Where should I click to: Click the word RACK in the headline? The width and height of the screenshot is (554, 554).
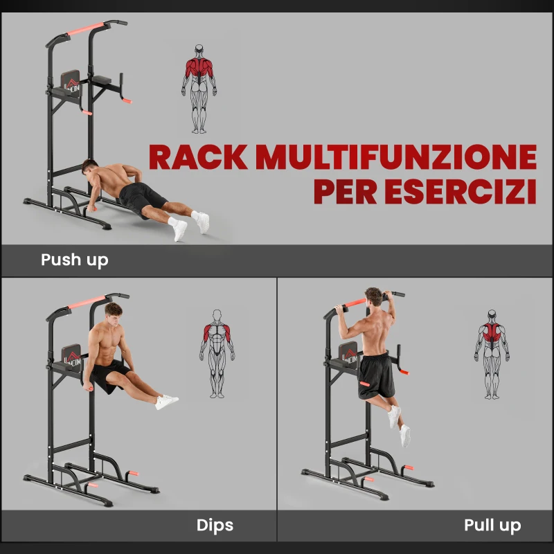tap(197, 157)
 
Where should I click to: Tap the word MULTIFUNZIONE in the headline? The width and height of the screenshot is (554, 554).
tap(396, 157)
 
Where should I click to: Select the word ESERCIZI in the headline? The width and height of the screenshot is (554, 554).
tap(461, 191)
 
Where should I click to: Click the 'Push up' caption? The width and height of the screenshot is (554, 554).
tap(75, 260)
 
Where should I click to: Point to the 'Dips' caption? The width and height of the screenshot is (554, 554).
tap(215, 525)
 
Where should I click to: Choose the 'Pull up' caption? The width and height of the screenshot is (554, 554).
tap(492, 526)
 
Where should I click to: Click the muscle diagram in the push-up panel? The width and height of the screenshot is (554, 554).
tap(199, 89)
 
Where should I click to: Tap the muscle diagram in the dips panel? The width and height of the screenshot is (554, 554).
tap(217, 354)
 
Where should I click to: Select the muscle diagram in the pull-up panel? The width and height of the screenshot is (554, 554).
tap(492, 355)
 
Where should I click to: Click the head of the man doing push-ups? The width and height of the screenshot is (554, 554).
tap(89, 167)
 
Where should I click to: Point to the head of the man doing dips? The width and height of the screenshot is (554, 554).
tap(114, 313)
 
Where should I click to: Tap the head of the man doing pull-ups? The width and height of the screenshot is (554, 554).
tap(373, 296)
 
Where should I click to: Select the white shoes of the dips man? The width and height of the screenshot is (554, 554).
tap(167, 402)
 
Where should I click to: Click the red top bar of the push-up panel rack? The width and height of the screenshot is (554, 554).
tap(86, 28)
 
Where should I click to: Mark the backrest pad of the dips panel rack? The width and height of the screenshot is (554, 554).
tap(72, 356)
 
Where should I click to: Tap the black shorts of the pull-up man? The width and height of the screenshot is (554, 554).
tap(376, 375)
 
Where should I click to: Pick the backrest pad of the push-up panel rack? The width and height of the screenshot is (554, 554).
tap(71, 82)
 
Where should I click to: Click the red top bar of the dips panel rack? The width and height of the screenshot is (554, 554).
tap(86, 302)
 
